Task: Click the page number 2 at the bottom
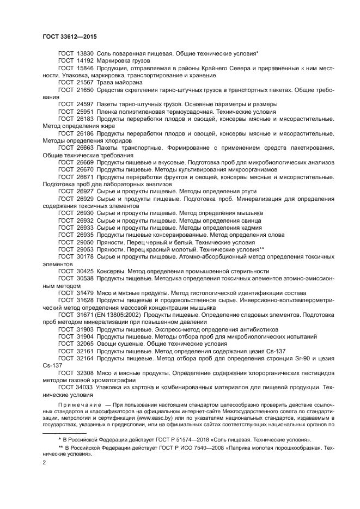(44, 463)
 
